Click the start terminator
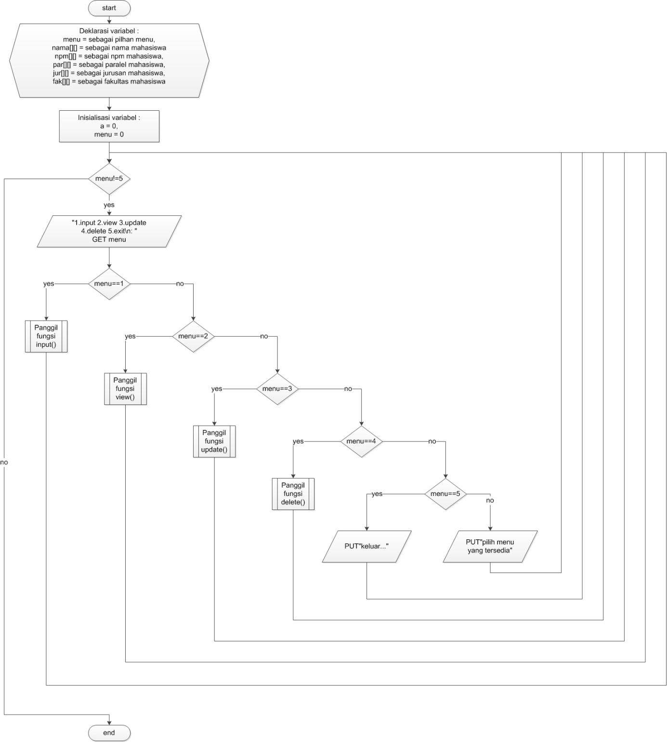[109, 8]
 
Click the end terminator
[109, 732]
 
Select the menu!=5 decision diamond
[109, 179]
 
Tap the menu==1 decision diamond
[109, 284]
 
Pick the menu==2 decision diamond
[193, 336]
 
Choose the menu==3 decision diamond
[277, 389]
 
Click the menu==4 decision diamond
[361, 441]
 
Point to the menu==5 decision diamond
[445, 494]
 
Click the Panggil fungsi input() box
[46, 336]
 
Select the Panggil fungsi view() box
[125, 389]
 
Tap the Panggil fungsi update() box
[214, 441]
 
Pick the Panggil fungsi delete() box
[293, 494]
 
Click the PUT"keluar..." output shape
[366, 546]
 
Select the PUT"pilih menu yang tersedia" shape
[490, 546]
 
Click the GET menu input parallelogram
[109, 231]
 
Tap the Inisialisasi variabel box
[109, 126]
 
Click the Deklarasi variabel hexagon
[109, 61]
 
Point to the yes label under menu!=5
[109, 205]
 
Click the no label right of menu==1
[180, 284]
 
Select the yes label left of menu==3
[217, 389]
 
